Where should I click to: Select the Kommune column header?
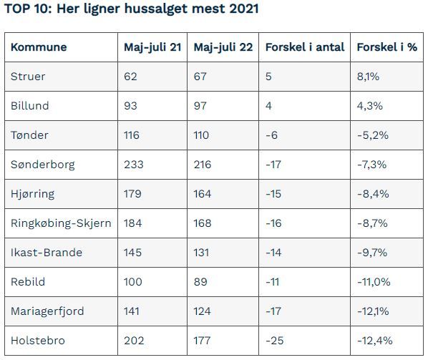click(39, 47)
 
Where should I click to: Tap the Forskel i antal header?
click(305, 47)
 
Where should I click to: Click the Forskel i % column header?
click(387, 47)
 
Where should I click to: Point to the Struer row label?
click(28, 77)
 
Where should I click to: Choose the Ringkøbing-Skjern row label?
click(61, 223)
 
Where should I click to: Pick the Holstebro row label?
click(38, 341)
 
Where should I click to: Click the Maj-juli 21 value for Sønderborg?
click(134, 165)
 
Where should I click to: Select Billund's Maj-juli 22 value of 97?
click(200, 106)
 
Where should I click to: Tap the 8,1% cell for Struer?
click(368, 77)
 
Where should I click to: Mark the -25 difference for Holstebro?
click(275, 341)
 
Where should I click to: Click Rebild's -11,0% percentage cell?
click(374, 282)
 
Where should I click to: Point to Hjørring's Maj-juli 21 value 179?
click(132, 194)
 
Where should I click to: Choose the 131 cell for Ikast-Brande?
click(201, 253)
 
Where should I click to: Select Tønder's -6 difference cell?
click(271, 135)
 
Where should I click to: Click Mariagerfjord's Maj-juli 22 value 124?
click(203, 311)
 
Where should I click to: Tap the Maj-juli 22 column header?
click(223, 47)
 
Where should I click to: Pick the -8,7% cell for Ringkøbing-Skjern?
click(373, 223)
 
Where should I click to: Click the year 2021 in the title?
click(244, 9)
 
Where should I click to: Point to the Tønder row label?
click(29, 135)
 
